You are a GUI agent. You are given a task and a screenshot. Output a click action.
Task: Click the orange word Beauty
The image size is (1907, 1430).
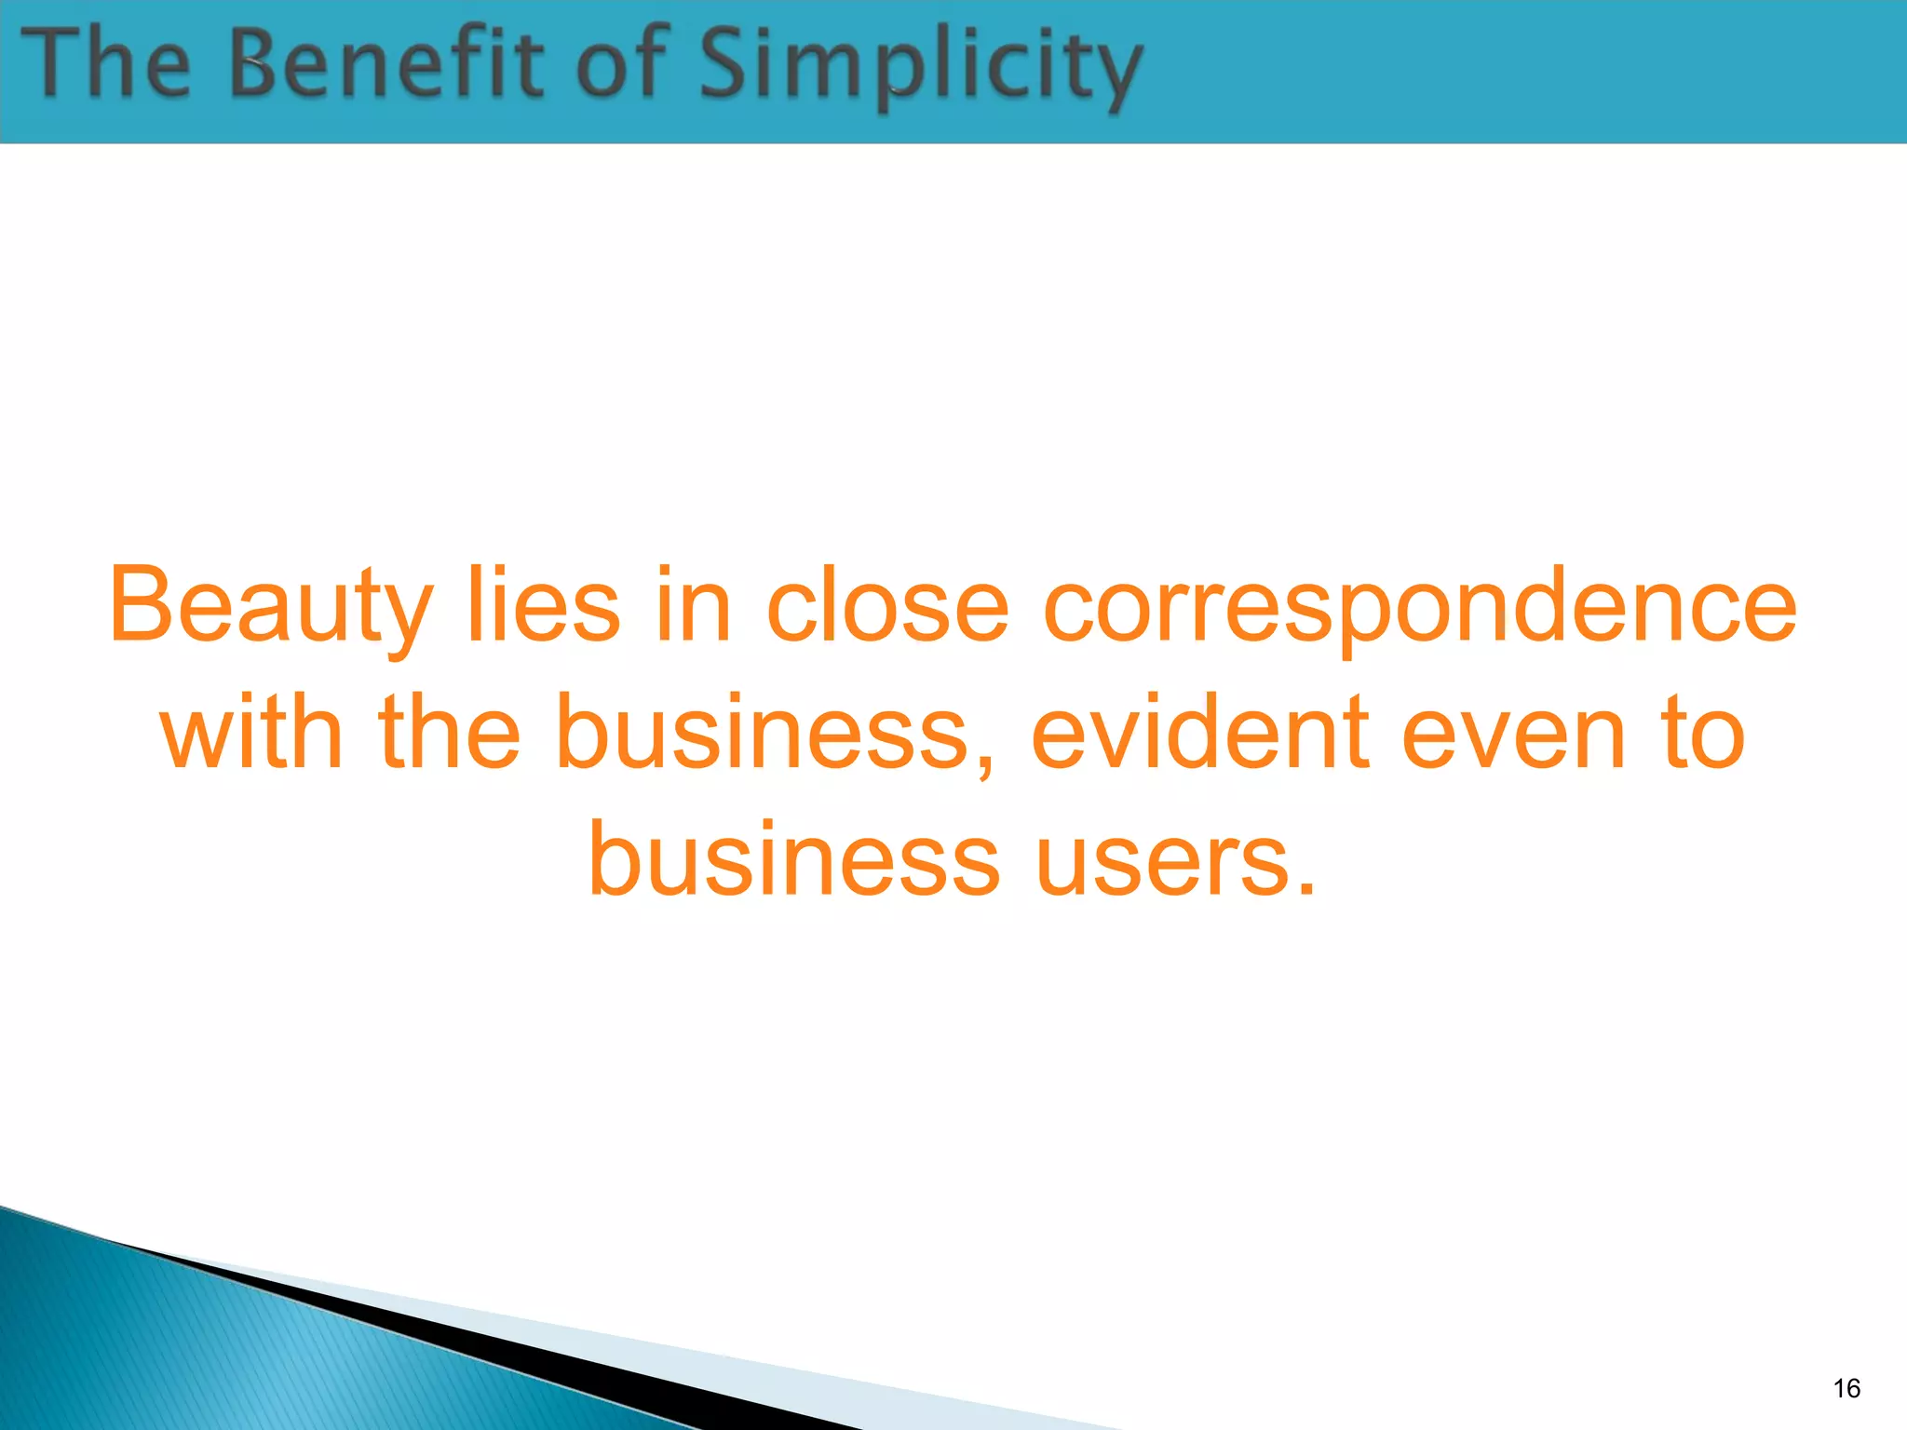click(x=271, y=607)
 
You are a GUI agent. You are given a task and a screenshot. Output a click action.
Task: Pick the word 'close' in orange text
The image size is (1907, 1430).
click(x=887, y=607)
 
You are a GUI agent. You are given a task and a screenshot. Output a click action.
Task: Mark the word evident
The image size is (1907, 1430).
click(x=1200, y=734)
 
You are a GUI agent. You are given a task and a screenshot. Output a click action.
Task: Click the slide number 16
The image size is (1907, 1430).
click(x=1846, y=1388)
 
